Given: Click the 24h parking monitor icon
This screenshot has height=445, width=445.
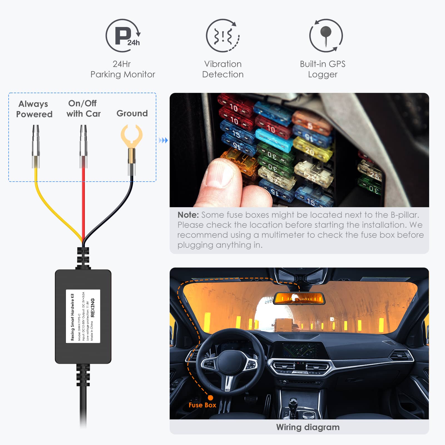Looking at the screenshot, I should [123, 36].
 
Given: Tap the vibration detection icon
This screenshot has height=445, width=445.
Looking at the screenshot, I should [223, 36].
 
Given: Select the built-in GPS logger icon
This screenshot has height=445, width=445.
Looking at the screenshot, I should [326, 36].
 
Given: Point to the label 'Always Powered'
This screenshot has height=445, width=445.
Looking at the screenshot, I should [34, 109].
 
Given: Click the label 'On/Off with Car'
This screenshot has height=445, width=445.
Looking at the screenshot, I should [83, 108].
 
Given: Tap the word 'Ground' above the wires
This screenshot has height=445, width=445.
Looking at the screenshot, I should [132, 113].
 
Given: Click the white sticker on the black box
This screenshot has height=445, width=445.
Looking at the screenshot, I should [83, 316].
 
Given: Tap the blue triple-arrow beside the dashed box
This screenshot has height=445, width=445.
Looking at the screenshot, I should [163, 140].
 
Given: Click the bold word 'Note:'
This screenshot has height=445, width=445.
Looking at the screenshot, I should [188, 215].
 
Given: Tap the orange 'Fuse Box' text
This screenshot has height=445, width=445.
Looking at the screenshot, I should [202, 405].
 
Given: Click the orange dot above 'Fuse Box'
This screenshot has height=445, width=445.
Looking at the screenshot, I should [211, 398].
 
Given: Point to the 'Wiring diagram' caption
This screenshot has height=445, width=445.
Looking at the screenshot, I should [308, 427].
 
